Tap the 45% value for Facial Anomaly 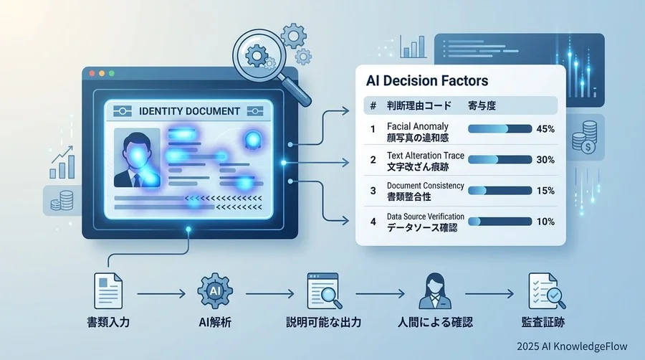[545, 129]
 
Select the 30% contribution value [545, 160]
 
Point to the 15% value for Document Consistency [545, 191]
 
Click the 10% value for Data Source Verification [545, 222]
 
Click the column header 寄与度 [482, 106]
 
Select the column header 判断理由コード [419, 106]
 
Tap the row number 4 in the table [373, 222]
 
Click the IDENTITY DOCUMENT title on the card [188, 111]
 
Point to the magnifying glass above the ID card [257, 55]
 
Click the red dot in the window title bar [93, 74]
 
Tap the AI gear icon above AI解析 [213, 291]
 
